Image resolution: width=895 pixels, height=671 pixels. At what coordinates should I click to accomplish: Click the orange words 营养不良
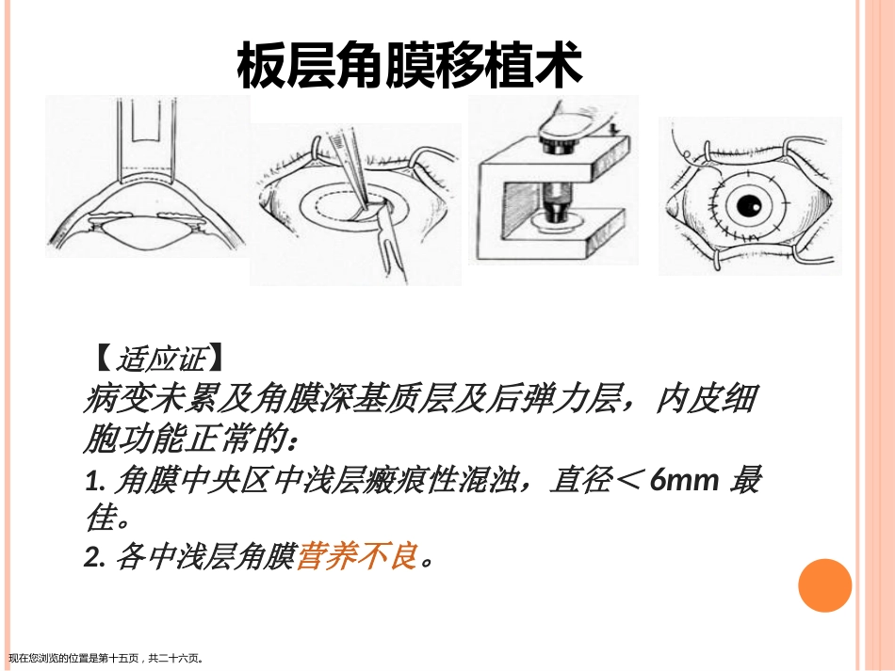pos(357,556)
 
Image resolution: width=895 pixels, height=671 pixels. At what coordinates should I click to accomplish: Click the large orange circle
pos(824,585)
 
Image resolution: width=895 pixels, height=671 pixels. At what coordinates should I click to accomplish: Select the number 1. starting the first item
pos(95,481)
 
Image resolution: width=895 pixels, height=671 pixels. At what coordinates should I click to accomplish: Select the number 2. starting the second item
pos(95,557)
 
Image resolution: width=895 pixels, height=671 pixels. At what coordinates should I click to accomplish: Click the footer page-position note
pos(106,659)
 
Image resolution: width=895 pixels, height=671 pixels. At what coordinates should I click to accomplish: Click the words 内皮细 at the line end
pos(706,399)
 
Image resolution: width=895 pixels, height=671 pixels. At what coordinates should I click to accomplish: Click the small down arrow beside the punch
pos(613,130)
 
